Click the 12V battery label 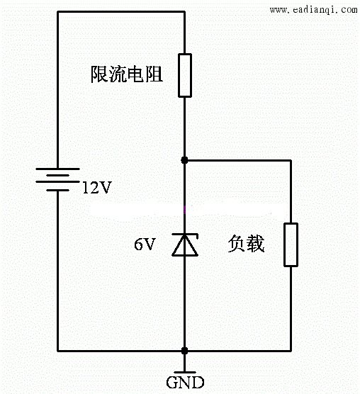(97, 188)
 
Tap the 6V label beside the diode (145, 244)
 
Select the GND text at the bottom (185, 383)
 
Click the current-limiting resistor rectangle (185, 75)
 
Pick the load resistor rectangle (291, 244)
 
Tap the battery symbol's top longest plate (58, 169)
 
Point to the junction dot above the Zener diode (185, 160)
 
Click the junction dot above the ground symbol (185, 351)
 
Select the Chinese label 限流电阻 (127, 74)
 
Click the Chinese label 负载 (246, 244)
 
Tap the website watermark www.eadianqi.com (313, 9)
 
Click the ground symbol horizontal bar (185, 373)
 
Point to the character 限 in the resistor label (99, 74)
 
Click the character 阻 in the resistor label (154, 74)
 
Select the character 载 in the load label (256, 244)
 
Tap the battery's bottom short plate (58, 190)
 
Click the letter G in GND (172, 383)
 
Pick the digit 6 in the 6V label (138, 244)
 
